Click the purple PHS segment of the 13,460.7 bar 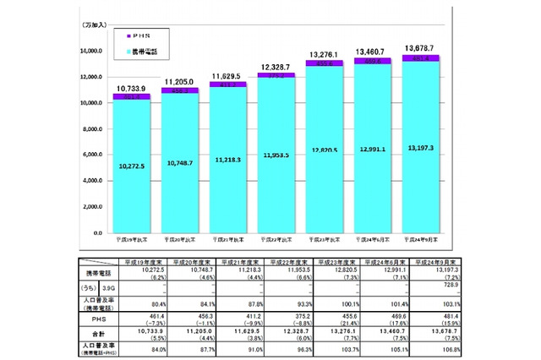click(x=372, y=62)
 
